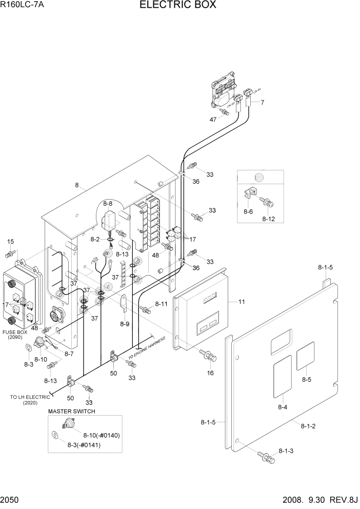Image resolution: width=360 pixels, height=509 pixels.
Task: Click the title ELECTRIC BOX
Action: tap(177, 6)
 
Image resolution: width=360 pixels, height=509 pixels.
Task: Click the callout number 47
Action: tap(213, 119)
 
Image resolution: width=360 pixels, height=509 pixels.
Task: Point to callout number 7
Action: tap(262, 103)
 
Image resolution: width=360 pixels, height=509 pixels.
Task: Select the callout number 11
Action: tap(241, 302)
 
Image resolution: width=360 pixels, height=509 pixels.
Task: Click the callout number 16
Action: tap(210, 373)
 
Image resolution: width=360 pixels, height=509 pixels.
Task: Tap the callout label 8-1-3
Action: tap(287, 451)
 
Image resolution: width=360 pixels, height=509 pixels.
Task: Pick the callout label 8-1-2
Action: tap(308, 425)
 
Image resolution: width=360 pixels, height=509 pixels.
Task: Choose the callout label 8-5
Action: tap(306, 380)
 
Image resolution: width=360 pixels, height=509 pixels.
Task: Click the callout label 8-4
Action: tap(283, 407)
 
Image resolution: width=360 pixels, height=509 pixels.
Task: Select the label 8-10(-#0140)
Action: tap(101, 435)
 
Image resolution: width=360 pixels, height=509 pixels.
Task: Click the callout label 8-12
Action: tap(269, 219)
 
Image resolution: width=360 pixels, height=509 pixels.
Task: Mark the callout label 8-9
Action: tap(125, 324)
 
